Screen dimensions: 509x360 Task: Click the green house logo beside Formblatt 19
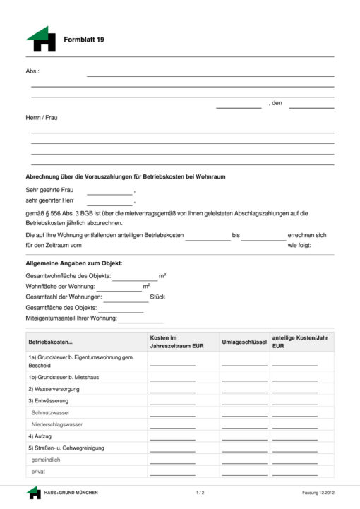click(x=41, y=39)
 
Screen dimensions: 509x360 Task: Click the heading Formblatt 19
click(x=84, y=40)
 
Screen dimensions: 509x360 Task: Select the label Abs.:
click(x=32, y=71)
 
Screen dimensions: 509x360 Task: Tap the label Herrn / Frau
click(x=42, y=117)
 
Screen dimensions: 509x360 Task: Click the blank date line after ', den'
click(x=311, y=106)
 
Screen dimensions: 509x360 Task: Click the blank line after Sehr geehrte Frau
click(x=109, y=192)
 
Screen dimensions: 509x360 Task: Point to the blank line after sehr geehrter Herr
click(x=109, y=203)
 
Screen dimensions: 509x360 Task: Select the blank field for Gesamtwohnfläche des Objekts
click(x=134, y=277)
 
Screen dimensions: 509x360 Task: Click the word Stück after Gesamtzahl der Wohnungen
click(x=157, y=297)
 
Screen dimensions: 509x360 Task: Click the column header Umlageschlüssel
click(x=244, y=342)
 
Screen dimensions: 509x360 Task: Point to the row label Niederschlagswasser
click(x=57, y=424)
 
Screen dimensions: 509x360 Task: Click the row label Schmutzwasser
click(x=51, y=412)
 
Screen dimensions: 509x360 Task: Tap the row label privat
click(x=38, y=471)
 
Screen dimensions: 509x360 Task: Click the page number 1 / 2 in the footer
click(x=200, y=492)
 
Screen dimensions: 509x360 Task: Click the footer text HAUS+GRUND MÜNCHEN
click(x=71, y=492)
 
